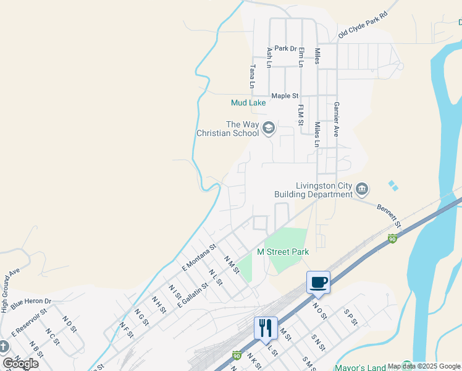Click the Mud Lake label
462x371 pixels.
click(248, 103)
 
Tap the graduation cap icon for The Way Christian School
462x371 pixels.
click(269, 129)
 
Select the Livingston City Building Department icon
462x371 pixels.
click(363, 188)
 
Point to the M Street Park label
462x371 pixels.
click(282, 252)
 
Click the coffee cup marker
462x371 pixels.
click(318, 283)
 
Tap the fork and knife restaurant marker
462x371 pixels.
click(266, 328)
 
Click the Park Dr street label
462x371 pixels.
click(286, 48)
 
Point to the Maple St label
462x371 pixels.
click(285, 96)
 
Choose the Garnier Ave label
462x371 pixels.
click(337, 119)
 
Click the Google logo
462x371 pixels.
click(20, 363)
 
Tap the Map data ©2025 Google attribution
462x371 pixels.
click(424, 366)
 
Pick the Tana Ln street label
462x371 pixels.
click(251, 77)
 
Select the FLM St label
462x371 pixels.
click(301, 116)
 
